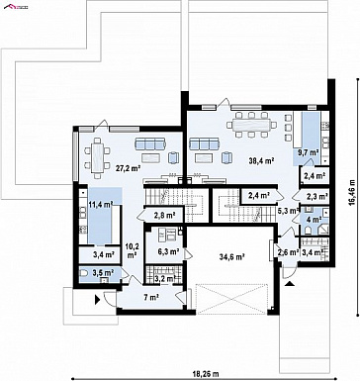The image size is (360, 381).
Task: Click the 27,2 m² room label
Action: [128, 168]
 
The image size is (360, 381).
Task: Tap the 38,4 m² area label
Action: [262, 160]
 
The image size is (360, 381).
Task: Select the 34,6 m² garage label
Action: [231, 256]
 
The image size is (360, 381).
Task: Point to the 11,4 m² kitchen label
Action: [100, 205]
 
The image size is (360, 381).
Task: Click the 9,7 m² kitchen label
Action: [309, 152]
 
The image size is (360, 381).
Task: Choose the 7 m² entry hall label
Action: [151, 298]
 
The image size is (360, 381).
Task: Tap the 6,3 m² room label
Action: [168, 251]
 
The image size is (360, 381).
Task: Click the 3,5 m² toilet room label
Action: [103, 272]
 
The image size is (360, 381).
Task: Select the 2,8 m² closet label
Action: [164, 216]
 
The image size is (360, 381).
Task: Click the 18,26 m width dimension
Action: [206, 374]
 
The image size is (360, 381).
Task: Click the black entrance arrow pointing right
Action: [98, 300]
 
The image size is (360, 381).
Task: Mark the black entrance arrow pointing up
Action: [289, 283]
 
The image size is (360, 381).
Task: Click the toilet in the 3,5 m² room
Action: [84, 273]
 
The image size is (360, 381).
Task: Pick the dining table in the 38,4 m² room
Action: [251, 125]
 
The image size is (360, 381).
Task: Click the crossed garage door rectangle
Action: [230, 298]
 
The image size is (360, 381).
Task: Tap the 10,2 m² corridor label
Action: [132, 250]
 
